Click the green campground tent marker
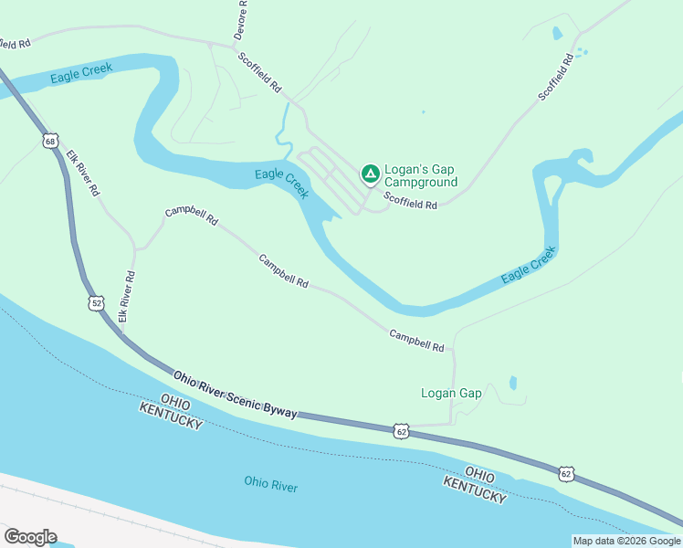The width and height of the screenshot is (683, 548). pos(370,173)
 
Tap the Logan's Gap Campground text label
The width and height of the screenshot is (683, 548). pos(420,176)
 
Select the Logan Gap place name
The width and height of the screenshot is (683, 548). pos(451,394)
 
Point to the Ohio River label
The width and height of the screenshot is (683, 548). pos(271,483)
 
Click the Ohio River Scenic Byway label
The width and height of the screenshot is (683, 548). pos(236,395)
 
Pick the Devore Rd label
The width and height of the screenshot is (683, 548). pos(241,18)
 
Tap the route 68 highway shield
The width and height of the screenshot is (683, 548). pos(49,141)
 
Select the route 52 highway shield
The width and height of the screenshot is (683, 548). pos(96,302)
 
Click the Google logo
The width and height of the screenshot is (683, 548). pos(30,537)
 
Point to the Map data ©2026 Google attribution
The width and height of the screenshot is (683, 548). pos(626,541)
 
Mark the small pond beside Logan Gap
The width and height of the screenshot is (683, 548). pos(513,384)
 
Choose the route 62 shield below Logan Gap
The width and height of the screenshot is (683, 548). pos(401,430)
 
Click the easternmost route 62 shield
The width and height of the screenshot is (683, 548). pos(566,473)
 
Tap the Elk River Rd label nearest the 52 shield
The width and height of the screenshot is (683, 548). pos(126,296)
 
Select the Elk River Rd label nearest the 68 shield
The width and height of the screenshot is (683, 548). pos(83,174)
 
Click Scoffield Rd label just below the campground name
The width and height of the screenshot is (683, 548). pos(410,200)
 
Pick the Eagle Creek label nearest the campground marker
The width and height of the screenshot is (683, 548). pos(281,182)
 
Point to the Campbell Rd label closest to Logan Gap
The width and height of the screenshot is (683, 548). pos(416,341)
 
